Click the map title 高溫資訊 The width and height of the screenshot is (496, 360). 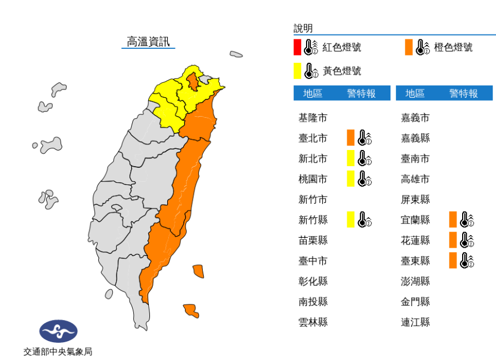148,41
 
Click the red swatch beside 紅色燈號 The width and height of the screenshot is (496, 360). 298,47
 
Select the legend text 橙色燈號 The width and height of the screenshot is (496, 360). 453,47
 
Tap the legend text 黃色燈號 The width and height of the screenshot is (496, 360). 342,71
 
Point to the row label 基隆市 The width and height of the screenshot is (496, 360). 313,118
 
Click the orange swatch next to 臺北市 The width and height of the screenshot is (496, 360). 350,137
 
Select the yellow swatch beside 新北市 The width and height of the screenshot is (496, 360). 350,158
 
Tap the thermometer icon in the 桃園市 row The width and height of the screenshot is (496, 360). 364,179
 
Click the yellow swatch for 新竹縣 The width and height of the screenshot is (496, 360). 350,219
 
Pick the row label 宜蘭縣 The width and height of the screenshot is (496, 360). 415,220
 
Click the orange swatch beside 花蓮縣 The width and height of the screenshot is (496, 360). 453,240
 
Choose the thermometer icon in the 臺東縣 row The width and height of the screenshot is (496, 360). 467,260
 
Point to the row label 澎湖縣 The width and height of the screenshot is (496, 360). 415,281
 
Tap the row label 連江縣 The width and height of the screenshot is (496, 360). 415,322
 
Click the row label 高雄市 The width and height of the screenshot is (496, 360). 415,179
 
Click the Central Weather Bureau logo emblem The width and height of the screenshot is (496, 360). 58,332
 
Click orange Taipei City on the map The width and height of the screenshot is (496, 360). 192,82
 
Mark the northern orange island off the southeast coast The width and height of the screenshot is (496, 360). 198,271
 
